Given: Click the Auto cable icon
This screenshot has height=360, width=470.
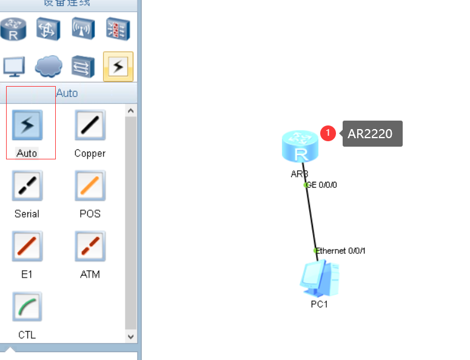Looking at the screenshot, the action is (27, 125).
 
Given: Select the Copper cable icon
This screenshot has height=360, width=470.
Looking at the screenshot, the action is (90, 125).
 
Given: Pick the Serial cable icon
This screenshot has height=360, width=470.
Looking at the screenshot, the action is (27, 185).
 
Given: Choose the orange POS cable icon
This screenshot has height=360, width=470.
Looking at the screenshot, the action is (90, 185).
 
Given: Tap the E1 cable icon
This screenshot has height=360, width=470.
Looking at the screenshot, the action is (27, 246).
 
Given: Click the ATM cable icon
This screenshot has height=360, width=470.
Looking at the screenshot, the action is (90, 246).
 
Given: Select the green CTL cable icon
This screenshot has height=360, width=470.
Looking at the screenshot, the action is (27, 307).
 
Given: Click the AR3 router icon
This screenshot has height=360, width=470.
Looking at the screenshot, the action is (300, 147).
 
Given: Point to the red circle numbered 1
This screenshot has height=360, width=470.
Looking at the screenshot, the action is (328, 133).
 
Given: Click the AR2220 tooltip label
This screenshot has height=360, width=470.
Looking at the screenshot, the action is (370, 133).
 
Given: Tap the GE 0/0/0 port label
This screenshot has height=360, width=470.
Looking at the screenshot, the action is (321, 185).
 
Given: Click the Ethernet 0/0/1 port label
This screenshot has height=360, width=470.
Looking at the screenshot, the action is (341, 250).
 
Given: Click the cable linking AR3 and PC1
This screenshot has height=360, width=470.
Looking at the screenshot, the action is (311, 218).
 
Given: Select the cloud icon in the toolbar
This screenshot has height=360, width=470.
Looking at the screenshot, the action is (49, 65).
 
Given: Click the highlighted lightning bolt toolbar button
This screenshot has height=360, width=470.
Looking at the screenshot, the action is (118, 66).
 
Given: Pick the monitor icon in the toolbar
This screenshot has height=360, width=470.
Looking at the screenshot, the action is (13, 65).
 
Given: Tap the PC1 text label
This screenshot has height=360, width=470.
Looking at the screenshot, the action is (319, 304).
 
